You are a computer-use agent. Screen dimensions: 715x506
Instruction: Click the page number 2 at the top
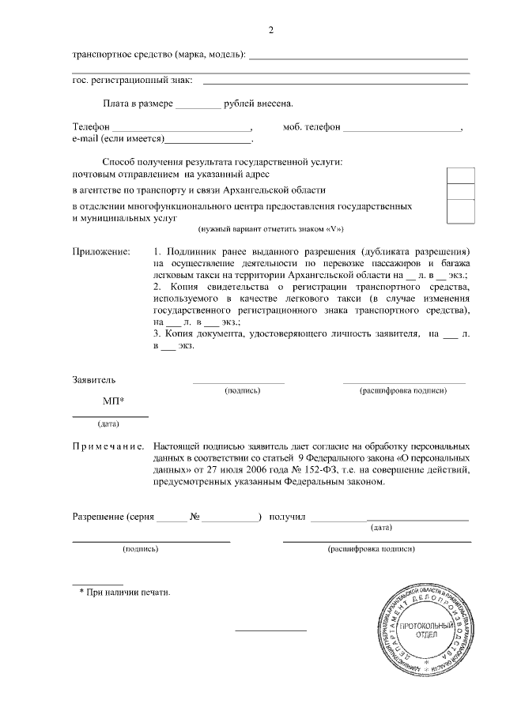(x=271, y=30)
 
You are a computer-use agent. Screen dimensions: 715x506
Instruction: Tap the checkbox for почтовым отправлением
(x=461, y=175)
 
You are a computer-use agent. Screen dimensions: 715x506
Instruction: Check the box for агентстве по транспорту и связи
(x=461, y=191)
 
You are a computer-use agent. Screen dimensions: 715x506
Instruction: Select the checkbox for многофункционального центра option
(x=461, y=211)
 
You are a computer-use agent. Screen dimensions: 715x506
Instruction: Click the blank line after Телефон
(x=181, y=128)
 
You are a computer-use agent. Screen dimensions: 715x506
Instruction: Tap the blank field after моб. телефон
(x=402, y=128)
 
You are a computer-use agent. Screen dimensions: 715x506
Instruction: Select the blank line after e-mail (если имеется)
(x=206, y=140)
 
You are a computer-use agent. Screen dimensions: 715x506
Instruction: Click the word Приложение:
(x=101, y=251)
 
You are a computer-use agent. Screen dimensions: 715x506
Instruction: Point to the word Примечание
(x=108, y=446)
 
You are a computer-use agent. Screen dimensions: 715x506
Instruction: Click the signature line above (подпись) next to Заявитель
(x=238, y=382)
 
